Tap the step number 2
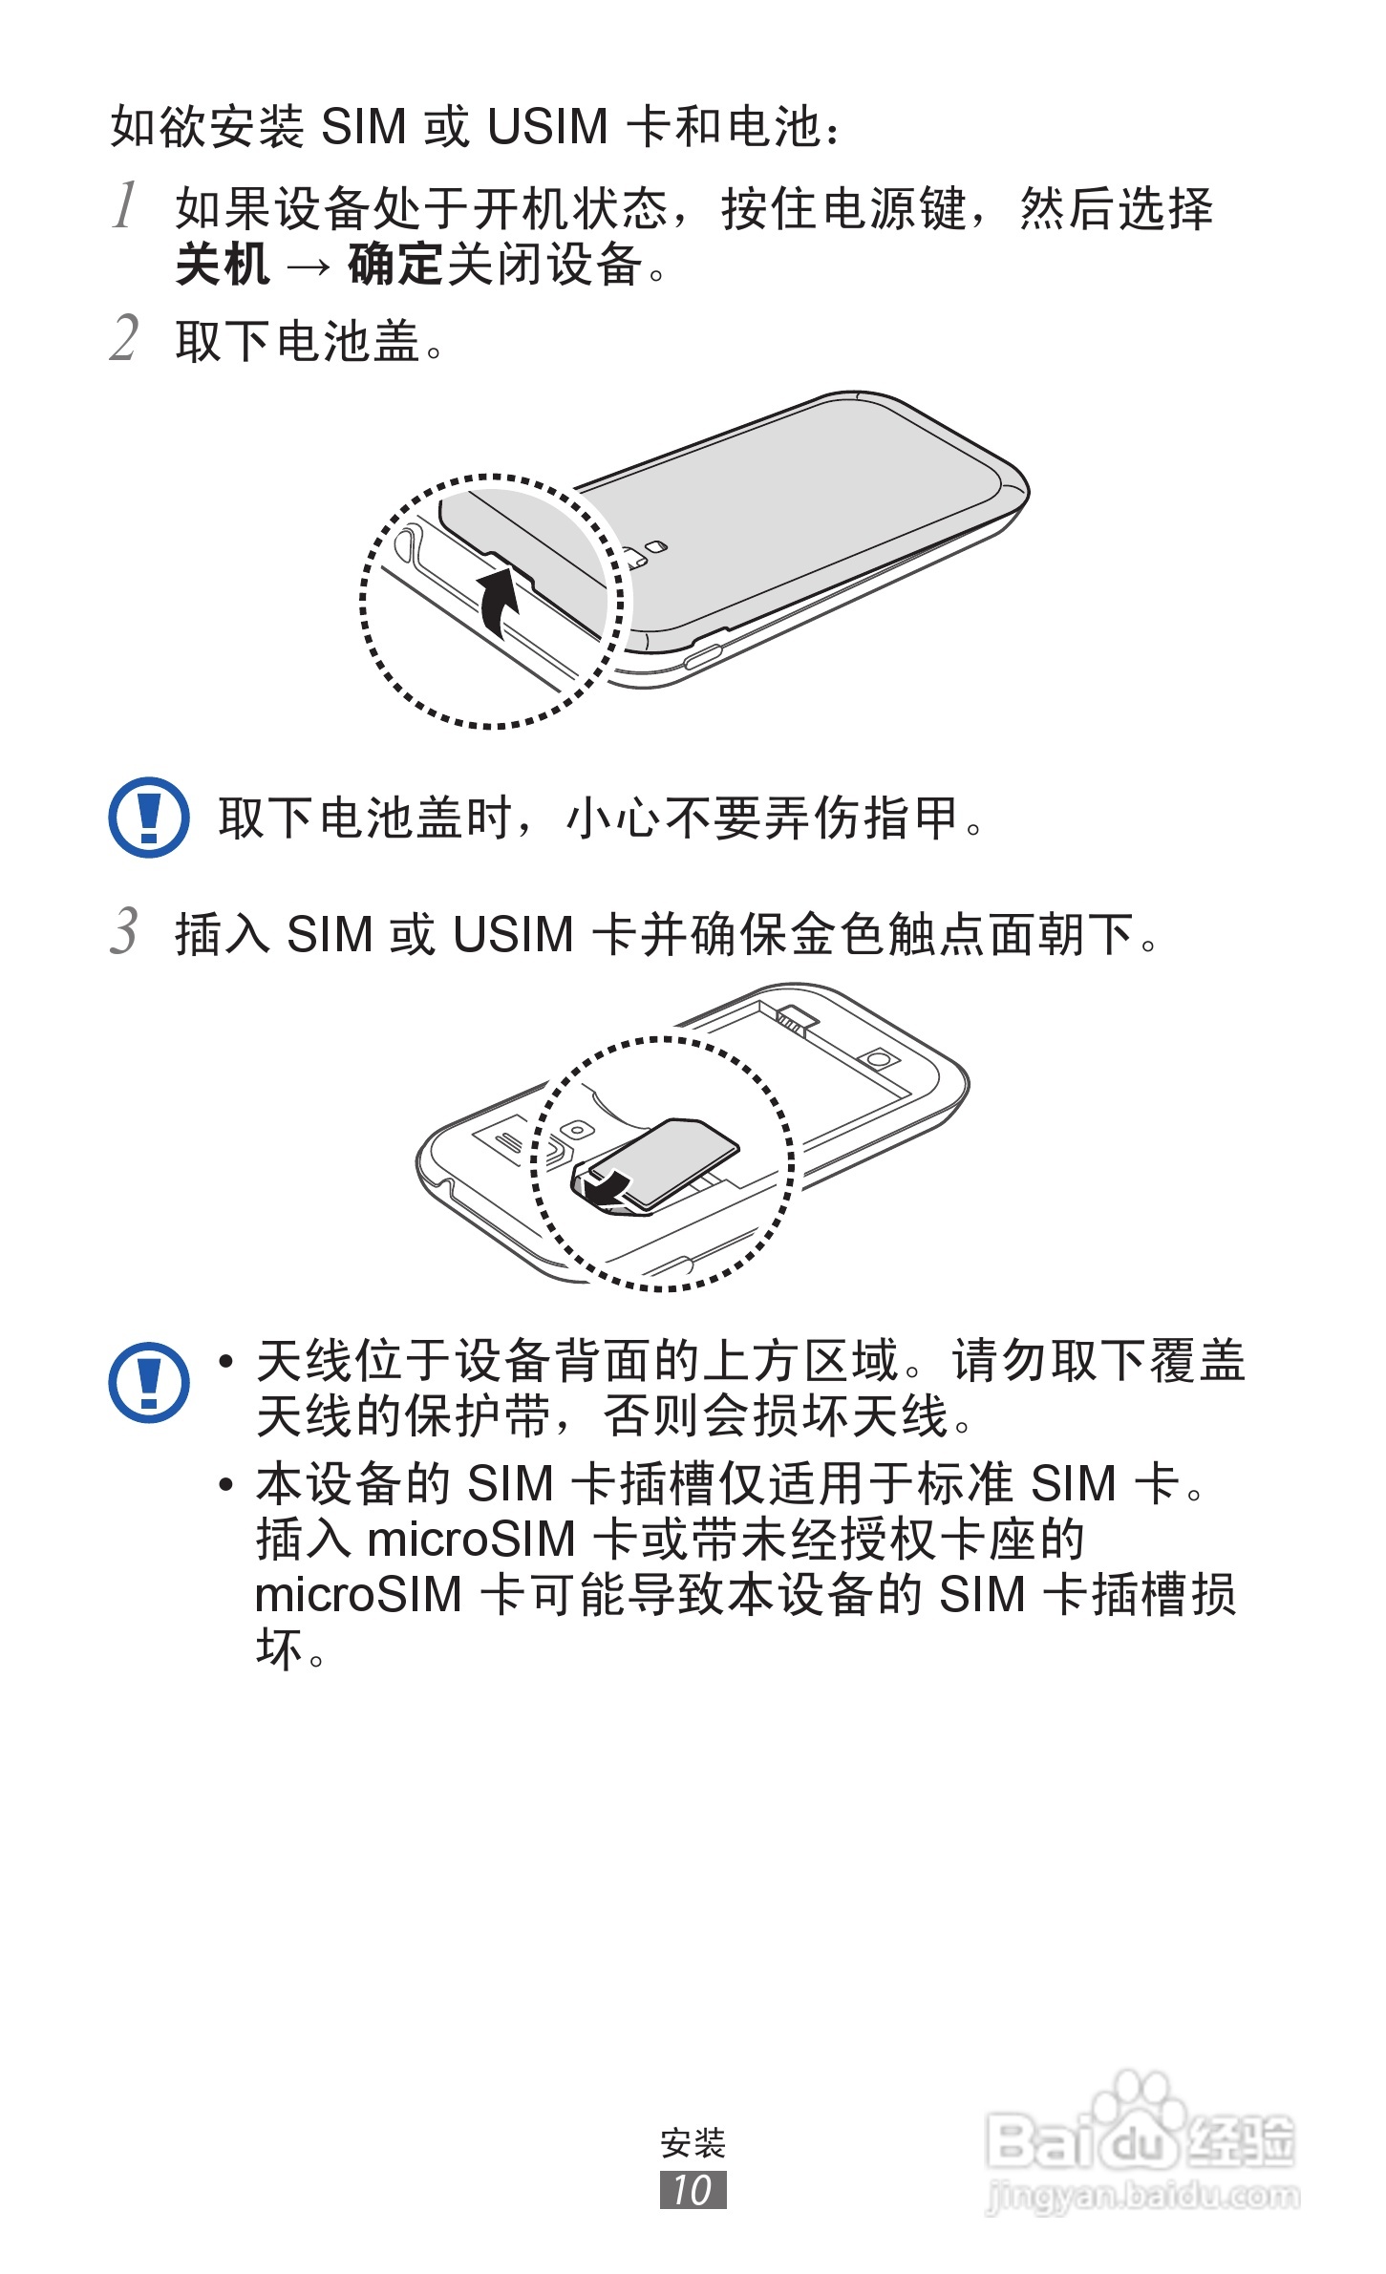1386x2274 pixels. tap(124, 338)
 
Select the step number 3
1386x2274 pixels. tap(124, 931)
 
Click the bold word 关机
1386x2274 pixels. tap(222, 266)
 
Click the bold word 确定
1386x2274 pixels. tap(394, 266)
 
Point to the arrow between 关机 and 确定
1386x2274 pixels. tap(308, 267)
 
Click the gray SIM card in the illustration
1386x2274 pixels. tap(669, 1160)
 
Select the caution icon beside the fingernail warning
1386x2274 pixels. tap(148, 818)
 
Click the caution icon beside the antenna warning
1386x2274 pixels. tap(148, 1382)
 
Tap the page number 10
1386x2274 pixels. tap(693, 2190)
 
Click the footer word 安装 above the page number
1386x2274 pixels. tap(693, 2143)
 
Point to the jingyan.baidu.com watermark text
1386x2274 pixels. tap(1141, 2197)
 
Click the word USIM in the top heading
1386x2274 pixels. tap(546, 127)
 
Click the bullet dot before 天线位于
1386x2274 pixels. tap(226, 1361)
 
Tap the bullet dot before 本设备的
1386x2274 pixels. tap(226, 1484)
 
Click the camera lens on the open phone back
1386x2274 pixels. tap(880, 1058)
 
